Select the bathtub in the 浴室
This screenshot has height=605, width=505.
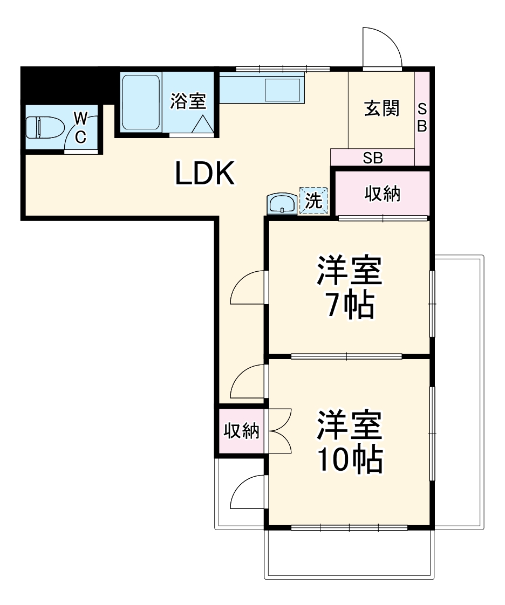140,102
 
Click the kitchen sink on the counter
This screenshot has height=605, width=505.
282,89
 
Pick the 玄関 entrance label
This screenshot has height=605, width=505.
381,109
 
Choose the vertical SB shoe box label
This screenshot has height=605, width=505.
422,118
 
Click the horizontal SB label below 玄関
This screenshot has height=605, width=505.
373,158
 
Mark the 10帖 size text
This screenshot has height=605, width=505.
350,459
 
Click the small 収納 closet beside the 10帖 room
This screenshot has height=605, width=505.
241,431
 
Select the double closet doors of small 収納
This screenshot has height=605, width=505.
279,431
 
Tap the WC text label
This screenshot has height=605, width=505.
80,127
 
